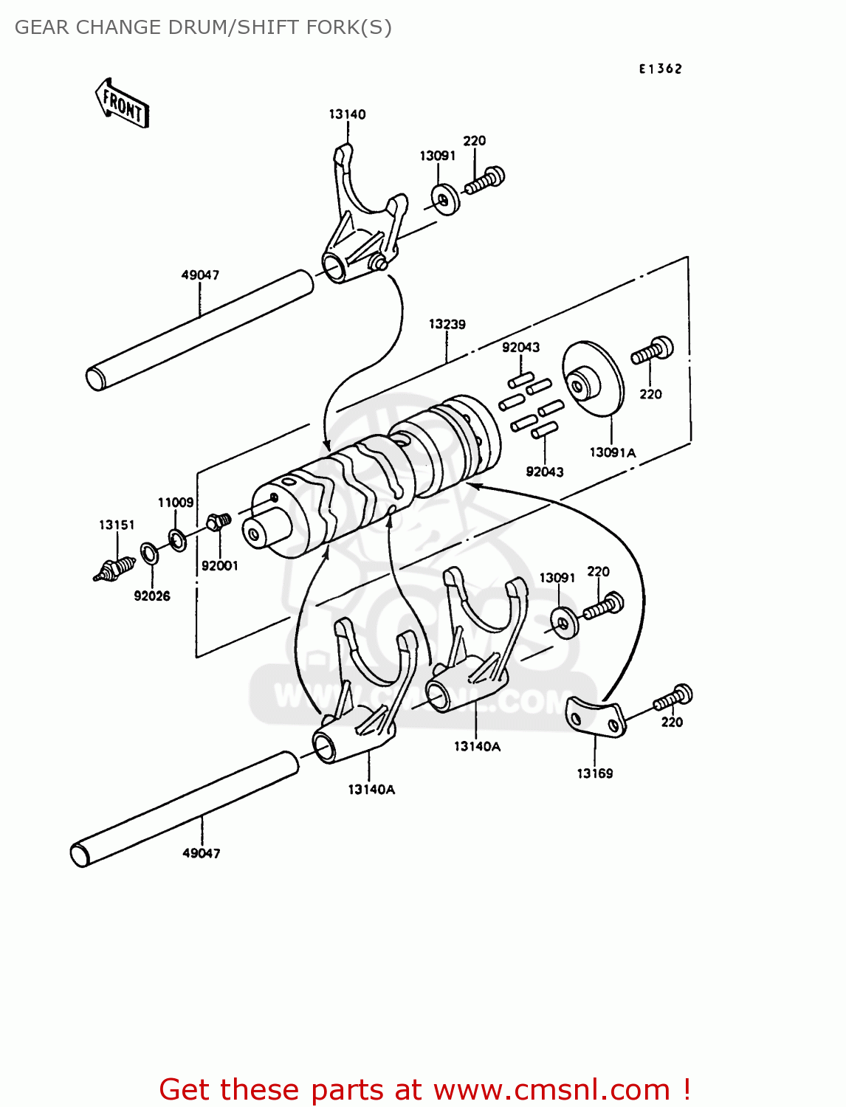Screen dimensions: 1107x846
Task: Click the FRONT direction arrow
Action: (x=123, y=104)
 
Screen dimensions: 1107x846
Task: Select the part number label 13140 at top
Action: (x=347, y=114)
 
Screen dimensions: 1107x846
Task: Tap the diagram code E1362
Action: (x=661, y=69)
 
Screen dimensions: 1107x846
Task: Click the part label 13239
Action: (x=447, y=324)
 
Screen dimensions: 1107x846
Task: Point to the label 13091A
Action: (x=612, y=452)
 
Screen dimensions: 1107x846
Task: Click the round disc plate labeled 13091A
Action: (x=592, y=380)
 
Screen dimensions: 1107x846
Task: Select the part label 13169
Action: (x=594, y=773)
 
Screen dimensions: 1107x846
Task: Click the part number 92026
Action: (x=152, y=596)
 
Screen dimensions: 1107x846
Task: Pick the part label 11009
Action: (x=176, y=503)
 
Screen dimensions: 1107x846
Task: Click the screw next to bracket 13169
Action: (x=673, y=697)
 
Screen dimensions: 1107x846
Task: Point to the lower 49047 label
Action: (x=201, y=853)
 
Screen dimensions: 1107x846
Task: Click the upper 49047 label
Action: (x=200, y=275)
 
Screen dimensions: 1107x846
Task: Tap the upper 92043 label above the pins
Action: (x=520, y=348)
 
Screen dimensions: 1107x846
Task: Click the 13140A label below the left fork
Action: (x=371, y=790)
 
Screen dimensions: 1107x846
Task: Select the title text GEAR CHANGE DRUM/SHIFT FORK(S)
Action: (x=203, y=27)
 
